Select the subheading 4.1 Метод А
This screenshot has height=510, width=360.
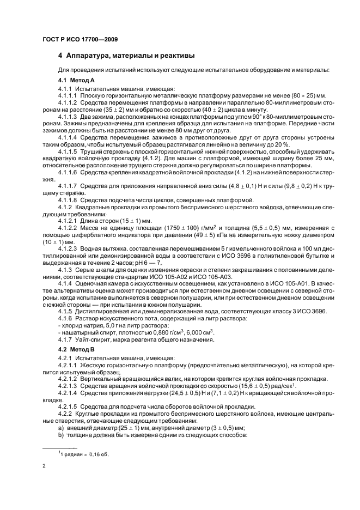pos(76,80)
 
